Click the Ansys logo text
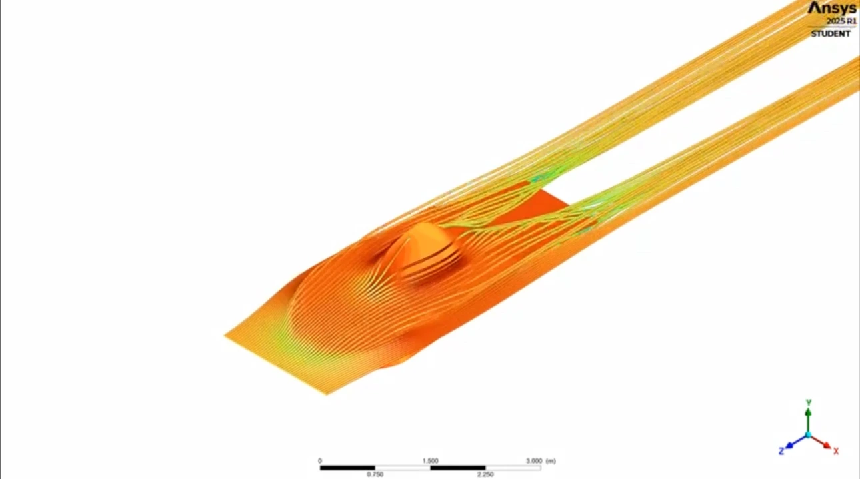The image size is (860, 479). click(x=833, y=8)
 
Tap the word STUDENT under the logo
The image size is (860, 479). click(x=831, y=33)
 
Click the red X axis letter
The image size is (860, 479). click(x=836, y=451)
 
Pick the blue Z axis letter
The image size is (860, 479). click(x=781, y=451)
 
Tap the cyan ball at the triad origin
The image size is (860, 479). click(x=808, y=435)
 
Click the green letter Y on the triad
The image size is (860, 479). click(x=808, y=402)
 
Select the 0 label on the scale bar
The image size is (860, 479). click(x=320, y=460)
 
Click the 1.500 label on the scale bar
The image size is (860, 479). click(x=430, y=460)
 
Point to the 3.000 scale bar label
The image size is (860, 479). click(x=535, y=460)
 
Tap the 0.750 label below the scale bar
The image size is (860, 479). click(x=375, y=474)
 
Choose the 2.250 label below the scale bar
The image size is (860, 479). click(x=485, y=474)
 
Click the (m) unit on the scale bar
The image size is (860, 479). click(x=551, y=460)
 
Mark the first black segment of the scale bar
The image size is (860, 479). click(x=347, y=468)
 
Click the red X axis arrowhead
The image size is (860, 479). click(x=827, y=444)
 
